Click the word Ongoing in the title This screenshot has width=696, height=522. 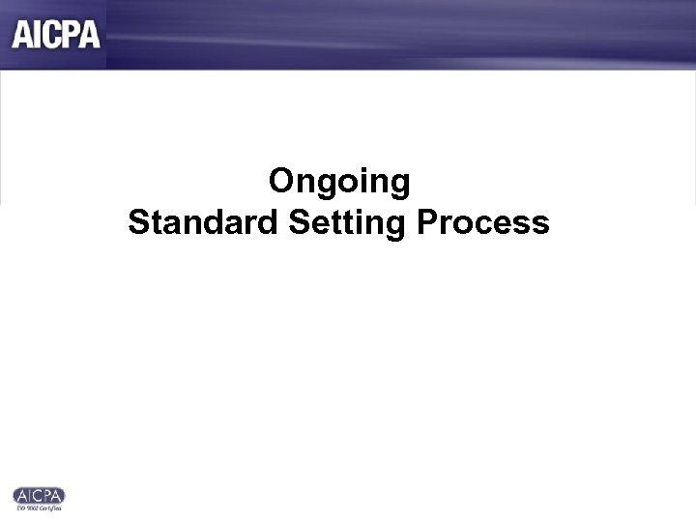click(x=339, y=182)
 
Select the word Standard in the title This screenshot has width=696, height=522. click(x=204, y=223)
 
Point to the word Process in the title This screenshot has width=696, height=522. click(x=483, y=223)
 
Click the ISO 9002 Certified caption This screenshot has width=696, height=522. click(x=40, y=507)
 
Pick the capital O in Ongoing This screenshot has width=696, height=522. click(x=281, y=181)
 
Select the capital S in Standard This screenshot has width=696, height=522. click(x=138, y=223)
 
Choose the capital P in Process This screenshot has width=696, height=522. click(x=427, y=223)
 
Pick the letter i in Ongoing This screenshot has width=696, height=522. click(x=363, y=181)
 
